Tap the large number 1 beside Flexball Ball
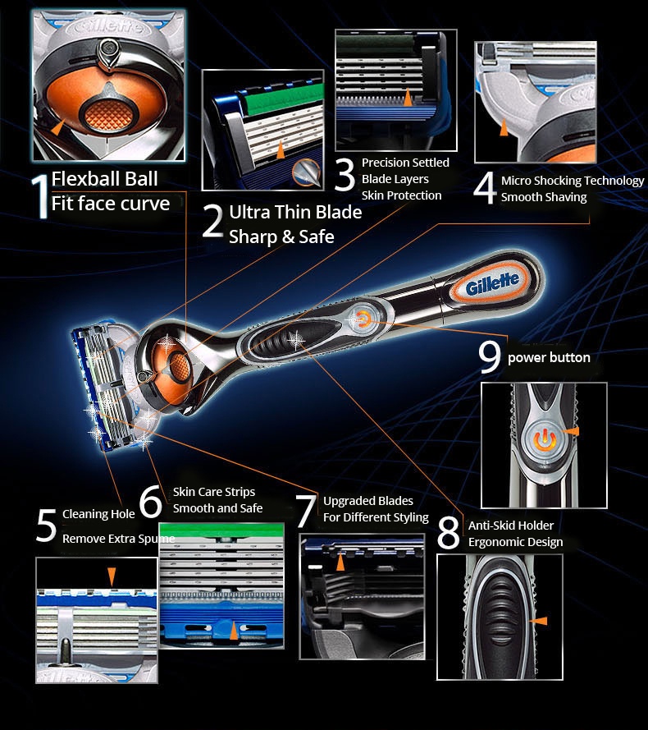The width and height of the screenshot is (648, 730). coord(39,196)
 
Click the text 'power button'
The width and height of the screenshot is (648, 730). coord(549,358)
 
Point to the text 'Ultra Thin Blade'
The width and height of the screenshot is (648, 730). coord(295,213)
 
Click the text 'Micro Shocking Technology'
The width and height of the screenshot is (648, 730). coord(573,181)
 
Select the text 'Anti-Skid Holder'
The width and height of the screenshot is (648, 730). coord(510,526)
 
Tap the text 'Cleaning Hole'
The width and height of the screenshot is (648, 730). coord(98,514)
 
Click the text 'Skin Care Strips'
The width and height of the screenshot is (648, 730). coord(214,492)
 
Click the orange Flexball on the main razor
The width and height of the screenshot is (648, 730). coord(176,362)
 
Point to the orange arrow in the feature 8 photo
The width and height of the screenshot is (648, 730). coord(538,622)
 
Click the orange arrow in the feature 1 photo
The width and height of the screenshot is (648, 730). coord(56,128)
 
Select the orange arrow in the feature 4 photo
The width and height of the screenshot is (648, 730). coord(503,128)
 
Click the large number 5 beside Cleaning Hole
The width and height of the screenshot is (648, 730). coord(46,526)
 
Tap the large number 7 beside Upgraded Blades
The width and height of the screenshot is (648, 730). coord(305,511)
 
